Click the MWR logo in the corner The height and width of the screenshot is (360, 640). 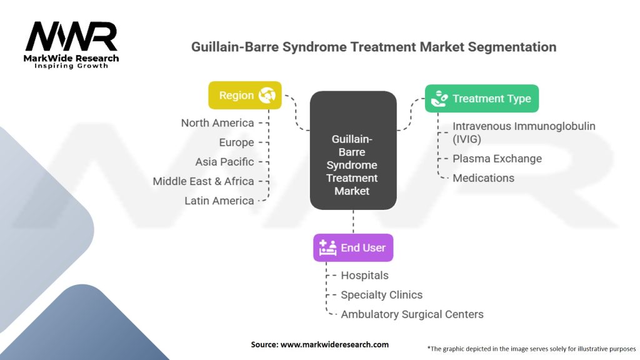(x=71, y=44)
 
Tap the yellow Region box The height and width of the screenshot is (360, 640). (x=244, y=96)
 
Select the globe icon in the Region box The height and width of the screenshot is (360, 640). (x=267, y=96)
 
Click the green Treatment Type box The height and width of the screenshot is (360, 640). (x=481, y=98)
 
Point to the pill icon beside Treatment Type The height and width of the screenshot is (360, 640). (x=440, y=98)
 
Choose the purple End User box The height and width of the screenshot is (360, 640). (x=353, y=247)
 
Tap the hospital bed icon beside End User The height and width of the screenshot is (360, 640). (x=328, y=247)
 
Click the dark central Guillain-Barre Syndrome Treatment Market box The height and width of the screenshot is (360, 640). (x=354, y=159)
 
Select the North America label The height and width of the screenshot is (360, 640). (x=217, y=122)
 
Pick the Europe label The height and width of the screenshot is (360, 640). (x=236, y=142)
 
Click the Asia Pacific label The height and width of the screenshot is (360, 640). (x=224, y=161)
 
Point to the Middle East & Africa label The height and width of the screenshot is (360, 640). (x=203, y=181)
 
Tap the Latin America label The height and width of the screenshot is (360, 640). (x=219, y=201)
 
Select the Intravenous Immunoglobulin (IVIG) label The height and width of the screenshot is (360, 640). (x=524, y=132)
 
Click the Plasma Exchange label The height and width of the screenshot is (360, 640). (x=497, y=158)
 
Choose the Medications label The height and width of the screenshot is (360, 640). (x=483, y=177)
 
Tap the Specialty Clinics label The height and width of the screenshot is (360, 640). (x=381, y=294)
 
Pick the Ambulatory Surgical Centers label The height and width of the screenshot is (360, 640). (x=412, y=314)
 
